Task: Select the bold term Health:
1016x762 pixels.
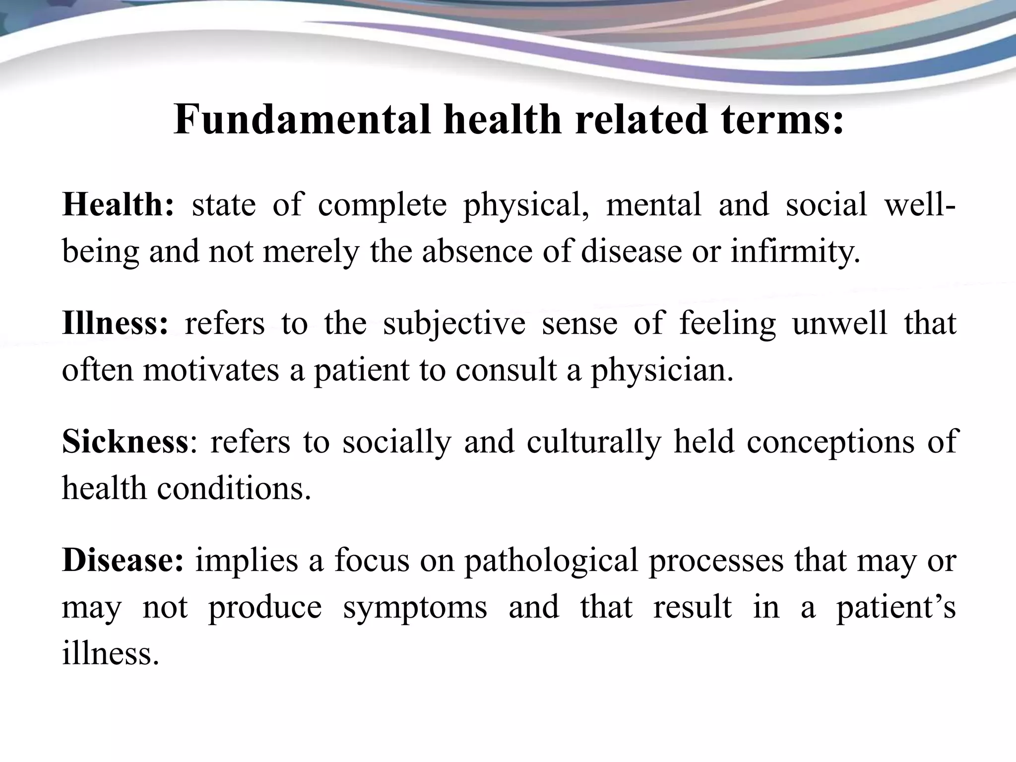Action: tap(118, 204)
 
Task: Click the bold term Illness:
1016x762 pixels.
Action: tap(115, 323)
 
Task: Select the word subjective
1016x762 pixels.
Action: tap(454, 323)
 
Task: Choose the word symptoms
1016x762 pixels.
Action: tap(415, 607)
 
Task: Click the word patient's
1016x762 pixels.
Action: tap(896, 607)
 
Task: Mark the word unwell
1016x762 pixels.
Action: tap(839, 323)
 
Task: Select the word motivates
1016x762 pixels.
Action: tap(211, 370)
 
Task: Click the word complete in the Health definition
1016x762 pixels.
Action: tap(382, 204)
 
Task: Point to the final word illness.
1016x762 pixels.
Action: tap(110, 652)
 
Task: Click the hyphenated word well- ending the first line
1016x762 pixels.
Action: tap(920, 204)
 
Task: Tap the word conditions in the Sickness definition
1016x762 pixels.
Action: tap(234, 488)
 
